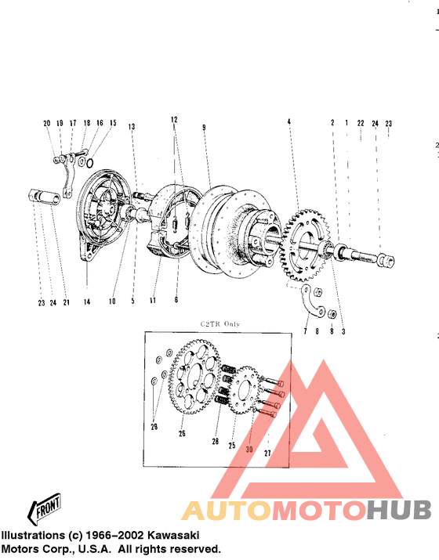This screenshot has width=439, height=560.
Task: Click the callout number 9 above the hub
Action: pos(203,127)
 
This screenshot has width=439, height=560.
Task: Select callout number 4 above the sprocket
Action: pos(288,122)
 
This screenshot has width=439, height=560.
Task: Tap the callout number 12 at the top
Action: pos(173,119)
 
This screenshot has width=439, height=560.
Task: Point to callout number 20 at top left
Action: pos(47,124)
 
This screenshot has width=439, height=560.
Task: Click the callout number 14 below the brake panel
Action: pos(86,301)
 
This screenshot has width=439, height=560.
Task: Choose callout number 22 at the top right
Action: pos(361,124)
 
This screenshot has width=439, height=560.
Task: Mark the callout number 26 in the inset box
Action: pos(182,434)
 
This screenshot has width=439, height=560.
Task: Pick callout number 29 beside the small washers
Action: pos(154,426)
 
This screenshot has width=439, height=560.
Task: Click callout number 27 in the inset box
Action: pos(267,453)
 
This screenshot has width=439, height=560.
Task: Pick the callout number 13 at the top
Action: pos(132,127)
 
